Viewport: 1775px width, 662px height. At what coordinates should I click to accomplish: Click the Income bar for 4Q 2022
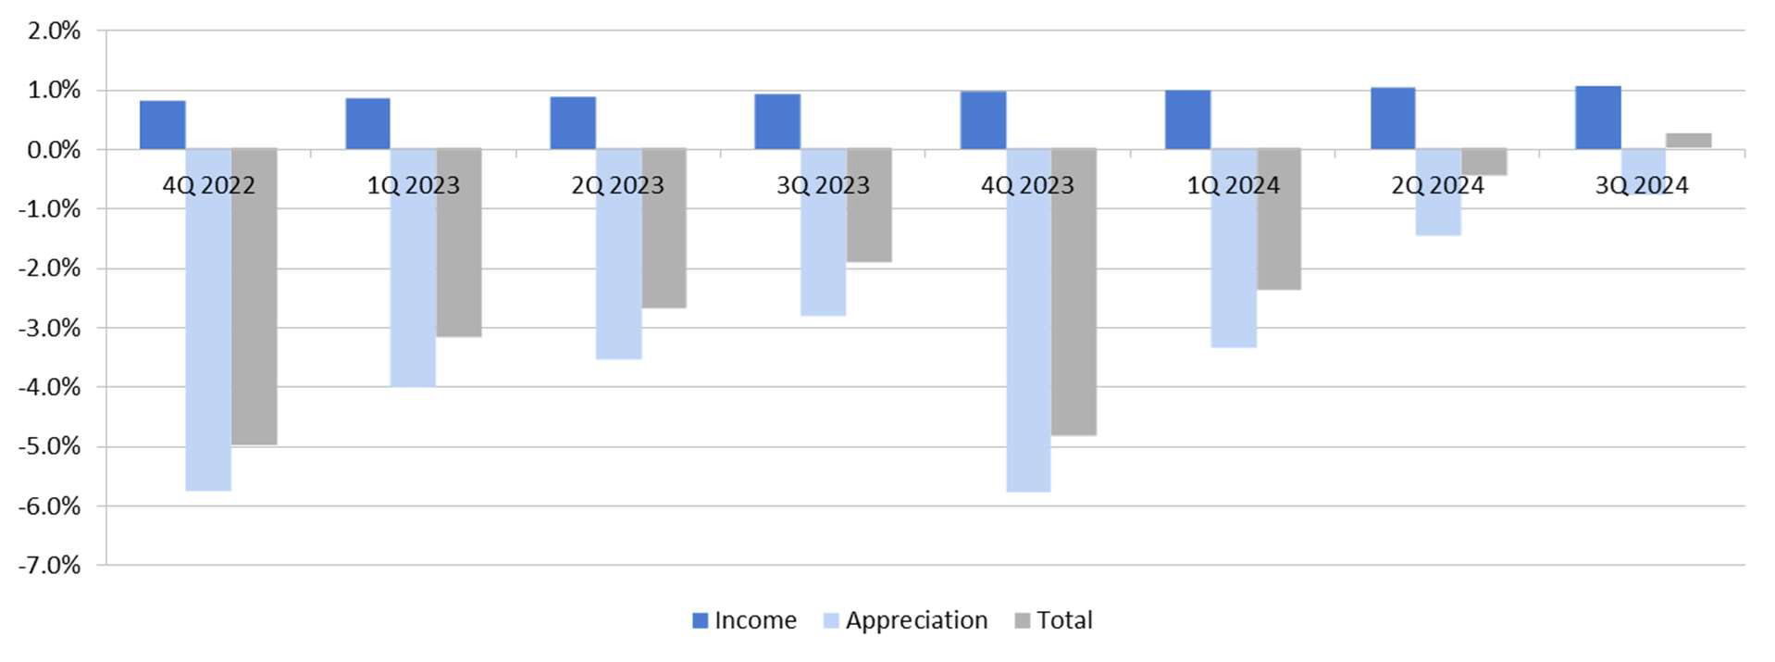[162, 125]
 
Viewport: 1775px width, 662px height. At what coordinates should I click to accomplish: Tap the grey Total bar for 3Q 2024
[1688, 141]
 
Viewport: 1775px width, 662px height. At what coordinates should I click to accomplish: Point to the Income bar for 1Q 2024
[1187, 119]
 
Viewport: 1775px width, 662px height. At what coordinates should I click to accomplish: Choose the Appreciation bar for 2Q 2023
[618, 278]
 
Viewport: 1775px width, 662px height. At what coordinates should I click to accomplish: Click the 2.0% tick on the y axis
[54, 31]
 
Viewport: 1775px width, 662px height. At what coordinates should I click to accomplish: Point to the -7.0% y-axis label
[50, 565]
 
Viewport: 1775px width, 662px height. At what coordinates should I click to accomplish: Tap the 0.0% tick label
[54, 150]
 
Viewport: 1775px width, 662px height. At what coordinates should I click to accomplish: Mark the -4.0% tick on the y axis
[50, 387]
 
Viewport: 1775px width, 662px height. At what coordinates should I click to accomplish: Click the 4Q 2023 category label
[1027, 185]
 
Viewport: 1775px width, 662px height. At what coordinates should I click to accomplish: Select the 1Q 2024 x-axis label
[1233, 185]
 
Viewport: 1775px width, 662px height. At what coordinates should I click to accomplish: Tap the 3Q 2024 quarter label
[1642, 185]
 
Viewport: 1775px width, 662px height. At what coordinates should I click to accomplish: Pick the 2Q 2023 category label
[617, 185]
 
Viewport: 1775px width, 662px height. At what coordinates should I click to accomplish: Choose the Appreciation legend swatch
[830, 620]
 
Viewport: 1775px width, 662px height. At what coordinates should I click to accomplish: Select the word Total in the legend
[1064, 620]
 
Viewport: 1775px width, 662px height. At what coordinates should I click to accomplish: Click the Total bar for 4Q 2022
[254, 296]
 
